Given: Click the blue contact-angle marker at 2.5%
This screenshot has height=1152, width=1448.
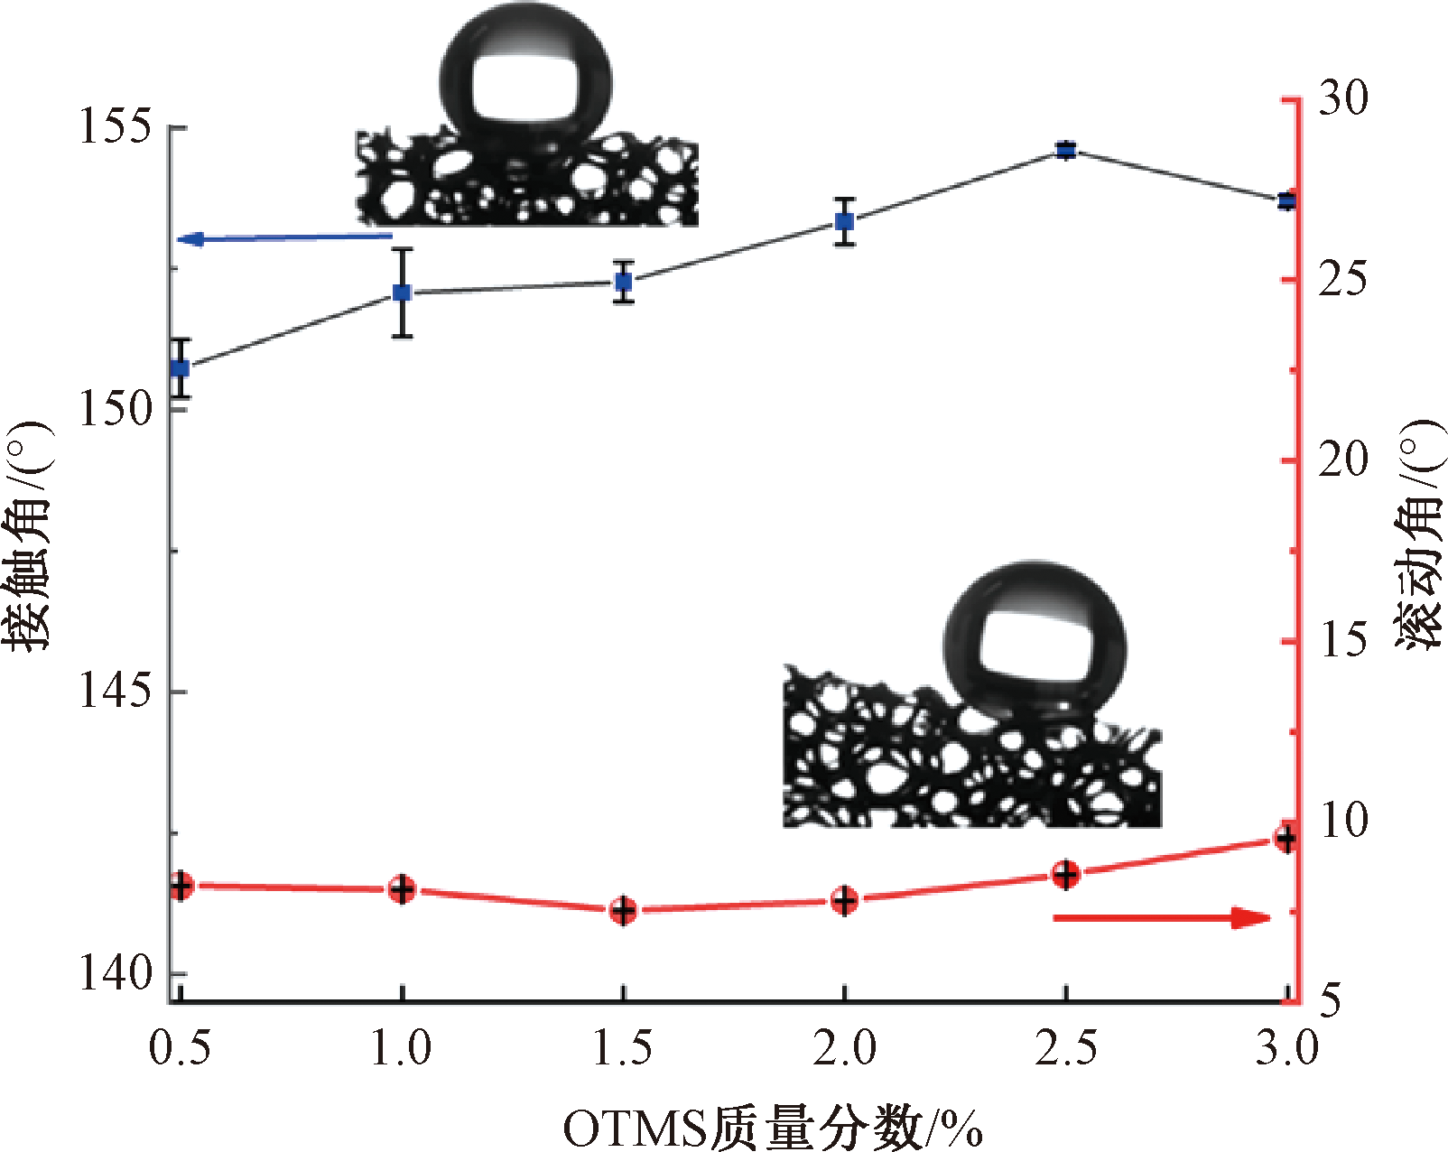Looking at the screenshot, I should (x=1066, y=150).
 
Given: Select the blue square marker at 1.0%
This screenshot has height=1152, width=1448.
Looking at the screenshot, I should (x=402, y=293).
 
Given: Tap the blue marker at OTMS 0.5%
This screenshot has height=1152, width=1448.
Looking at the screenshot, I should (x=181, y=367).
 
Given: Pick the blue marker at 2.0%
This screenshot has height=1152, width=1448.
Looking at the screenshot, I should (x=844, y=221).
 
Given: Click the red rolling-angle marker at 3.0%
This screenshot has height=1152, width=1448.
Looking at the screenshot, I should (x=1286, y=839).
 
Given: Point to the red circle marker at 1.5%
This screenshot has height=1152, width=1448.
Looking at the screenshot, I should (x=623, y=910).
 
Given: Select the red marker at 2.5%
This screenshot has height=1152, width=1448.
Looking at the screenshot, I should (x=1066, y=874).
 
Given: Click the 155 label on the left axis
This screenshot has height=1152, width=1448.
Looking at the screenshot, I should (x=115, y=125).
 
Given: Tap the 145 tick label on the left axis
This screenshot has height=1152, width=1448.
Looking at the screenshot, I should (x=115, y=692).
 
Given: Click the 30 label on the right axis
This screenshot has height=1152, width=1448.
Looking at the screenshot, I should (x=1343, y=98).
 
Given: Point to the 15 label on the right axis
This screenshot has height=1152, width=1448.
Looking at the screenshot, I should (x=1343, y=640).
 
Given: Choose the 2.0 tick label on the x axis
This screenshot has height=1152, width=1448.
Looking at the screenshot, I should (x=844, y=1048).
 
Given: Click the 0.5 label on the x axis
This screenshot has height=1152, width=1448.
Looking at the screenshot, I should (x=180, y=1048).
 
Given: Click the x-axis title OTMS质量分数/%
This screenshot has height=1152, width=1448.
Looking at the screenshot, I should (x=773, y=1128).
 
